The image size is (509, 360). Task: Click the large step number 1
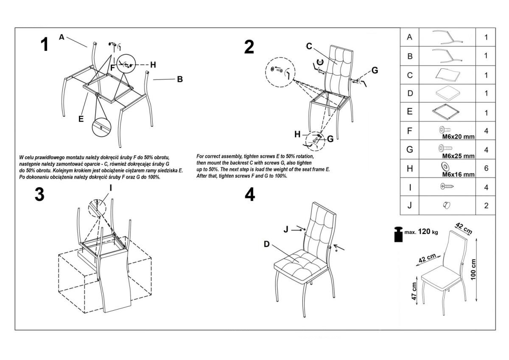44,45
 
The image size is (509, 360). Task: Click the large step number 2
249,47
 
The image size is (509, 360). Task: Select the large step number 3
39,194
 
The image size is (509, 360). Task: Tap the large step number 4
250,194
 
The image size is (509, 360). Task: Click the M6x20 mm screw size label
458,137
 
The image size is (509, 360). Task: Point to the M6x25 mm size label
458,156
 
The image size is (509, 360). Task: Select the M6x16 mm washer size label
458,174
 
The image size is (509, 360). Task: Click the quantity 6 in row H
486,169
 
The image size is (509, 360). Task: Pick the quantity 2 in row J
486,206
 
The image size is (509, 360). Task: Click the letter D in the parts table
409,93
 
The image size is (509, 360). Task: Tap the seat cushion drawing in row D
447,93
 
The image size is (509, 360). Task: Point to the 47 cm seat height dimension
414,291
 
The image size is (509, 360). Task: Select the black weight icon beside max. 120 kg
399,235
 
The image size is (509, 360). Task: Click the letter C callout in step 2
309,46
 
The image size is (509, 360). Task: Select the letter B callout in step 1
180,79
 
